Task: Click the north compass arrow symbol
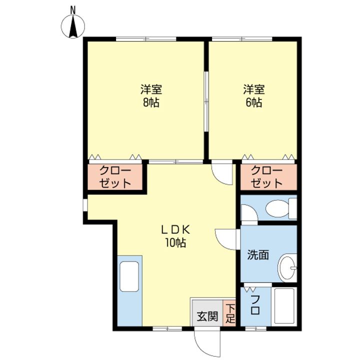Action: coord(73,26)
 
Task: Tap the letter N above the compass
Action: coord(73,10)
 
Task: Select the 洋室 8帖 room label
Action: coord(151,96)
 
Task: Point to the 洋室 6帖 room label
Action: coord(253,96)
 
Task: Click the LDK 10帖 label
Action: coord(175,236)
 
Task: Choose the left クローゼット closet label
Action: coord(115,177)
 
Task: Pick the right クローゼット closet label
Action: coord(266,177)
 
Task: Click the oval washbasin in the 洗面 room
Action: coord(287,268)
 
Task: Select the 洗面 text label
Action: coord(258,254)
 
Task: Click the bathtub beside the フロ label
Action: coord(284,306)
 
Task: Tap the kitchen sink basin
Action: coord(129,276)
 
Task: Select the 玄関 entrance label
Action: coord(207,316)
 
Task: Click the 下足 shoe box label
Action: coord(230,313)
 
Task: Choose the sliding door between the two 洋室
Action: coord(206,101)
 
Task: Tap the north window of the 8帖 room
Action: coord(146,39)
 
